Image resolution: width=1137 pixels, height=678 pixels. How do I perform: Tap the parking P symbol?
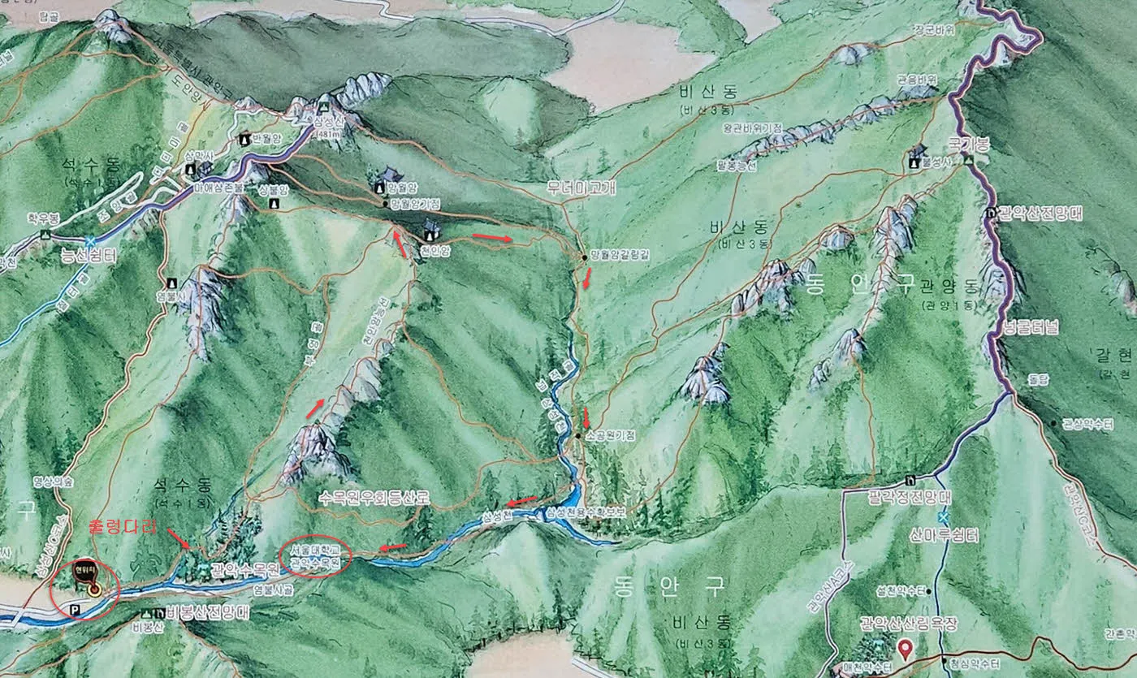coord(75,608)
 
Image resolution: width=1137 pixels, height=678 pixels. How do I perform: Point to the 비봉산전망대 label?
coord(202,613)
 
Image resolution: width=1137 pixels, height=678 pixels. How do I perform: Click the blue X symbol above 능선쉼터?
coord(89,240)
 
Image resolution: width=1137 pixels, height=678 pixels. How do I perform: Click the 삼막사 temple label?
coord(198,155)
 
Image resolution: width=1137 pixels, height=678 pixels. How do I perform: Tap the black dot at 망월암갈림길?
coord(584,257)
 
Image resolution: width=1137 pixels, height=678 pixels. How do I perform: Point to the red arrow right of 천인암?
coord(492,238)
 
